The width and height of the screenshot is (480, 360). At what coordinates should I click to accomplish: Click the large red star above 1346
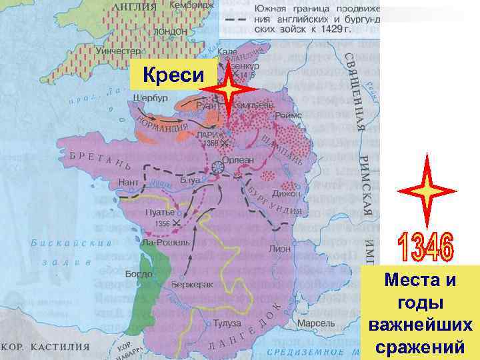point(426,189)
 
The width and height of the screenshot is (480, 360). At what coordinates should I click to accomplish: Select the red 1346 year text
point(426,247)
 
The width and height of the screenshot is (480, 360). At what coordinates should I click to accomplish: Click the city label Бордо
point(139,274)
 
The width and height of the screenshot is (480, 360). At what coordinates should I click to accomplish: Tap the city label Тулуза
point(227,323)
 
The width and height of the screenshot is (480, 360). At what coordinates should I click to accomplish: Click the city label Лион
point(279,248)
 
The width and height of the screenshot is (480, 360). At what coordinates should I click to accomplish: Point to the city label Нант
point(128,181)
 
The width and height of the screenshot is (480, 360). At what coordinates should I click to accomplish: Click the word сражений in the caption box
point(419,347)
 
